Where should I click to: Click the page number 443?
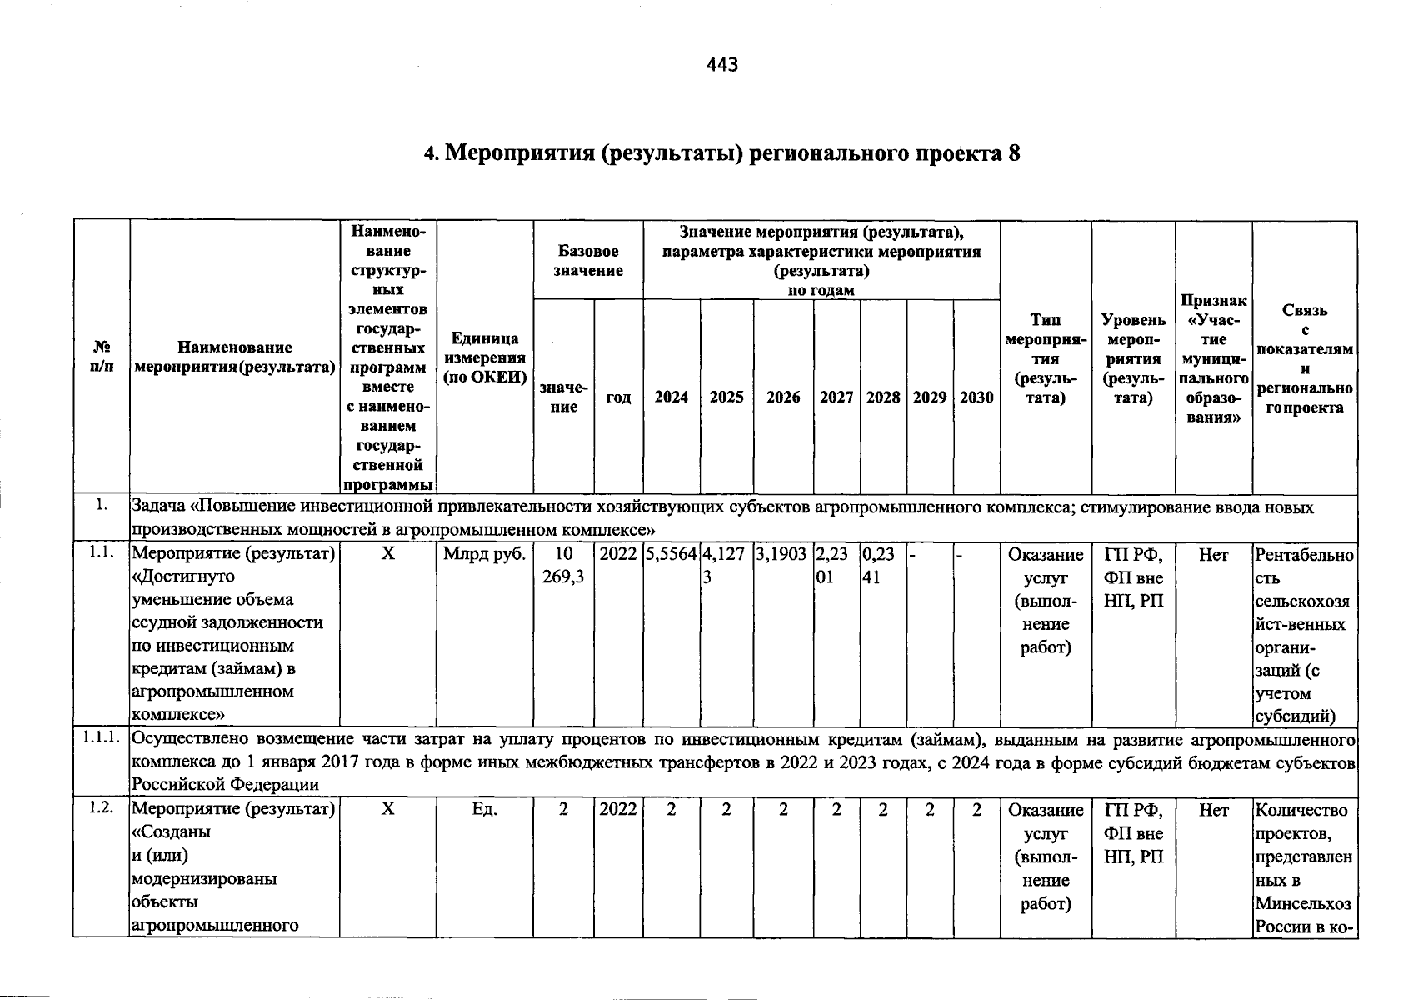(x=721, y=64)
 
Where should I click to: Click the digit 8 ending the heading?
(x=1013, y=153)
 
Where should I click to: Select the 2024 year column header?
(x=671, y=397)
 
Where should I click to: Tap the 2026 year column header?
(x=783, y=397)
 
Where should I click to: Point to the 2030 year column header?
(x=976, y=397)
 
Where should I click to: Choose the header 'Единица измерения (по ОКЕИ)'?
(x=485, y=357)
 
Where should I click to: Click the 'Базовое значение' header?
(x=588, y=260)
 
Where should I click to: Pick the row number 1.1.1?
(x=101, y=738)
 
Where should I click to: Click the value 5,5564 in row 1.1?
(x=671, y=554)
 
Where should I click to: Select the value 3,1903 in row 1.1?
(x=783, y=554)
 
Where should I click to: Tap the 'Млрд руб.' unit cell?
(x=484, y=554)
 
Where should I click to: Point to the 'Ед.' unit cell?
(x=484, y=809)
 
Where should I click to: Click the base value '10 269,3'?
(x=563, y=565)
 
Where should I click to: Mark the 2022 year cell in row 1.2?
(x=618, y=809)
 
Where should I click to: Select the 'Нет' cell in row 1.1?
(x=1213, y=554)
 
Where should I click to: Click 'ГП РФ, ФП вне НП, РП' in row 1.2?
(x=1133, y=832)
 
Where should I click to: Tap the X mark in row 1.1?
(x=387, y=554)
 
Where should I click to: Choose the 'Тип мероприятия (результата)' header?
(x=1046, y=358)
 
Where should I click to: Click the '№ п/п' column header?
(x=101, y=356)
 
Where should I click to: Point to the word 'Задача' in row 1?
(x=159, y=507)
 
